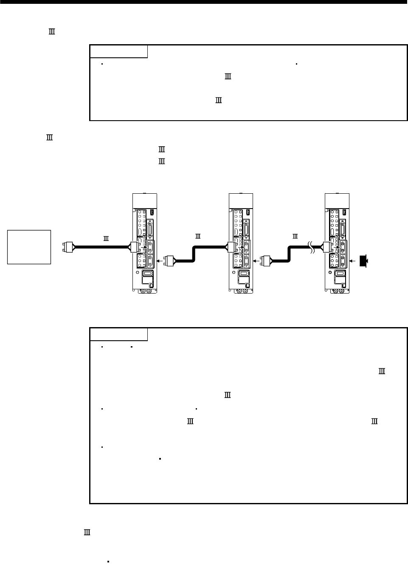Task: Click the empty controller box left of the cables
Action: pyautogui.click(x=29, y=247)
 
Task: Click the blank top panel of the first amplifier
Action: pyautogui.click(x=145, y=201)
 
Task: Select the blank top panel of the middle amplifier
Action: pyautogui.click(x=241, y=201)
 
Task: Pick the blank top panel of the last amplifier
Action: pyautogui.click(x=337, y=201)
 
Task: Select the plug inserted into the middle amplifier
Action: pyautogui.click(x=232, y=247)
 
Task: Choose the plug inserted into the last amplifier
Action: pyautogui.click(x=328, y=247)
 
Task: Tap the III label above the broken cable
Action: pyautogui.click(x=294, y=235)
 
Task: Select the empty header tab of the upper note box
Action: pyautogui.click(x=119, y=51)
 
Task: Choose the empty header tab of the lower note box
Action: pyautogui.click(x=119, y=334)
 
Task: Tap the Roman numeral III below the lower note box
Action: pyautogui.click(x=87, y=532)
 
